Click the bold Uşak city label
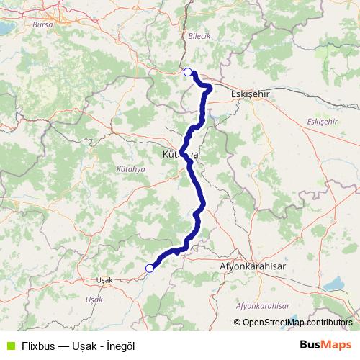104,280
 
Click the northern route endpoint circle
188,71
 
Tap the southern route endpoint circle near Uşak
150,269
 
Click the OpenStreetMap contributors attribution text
297,323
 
